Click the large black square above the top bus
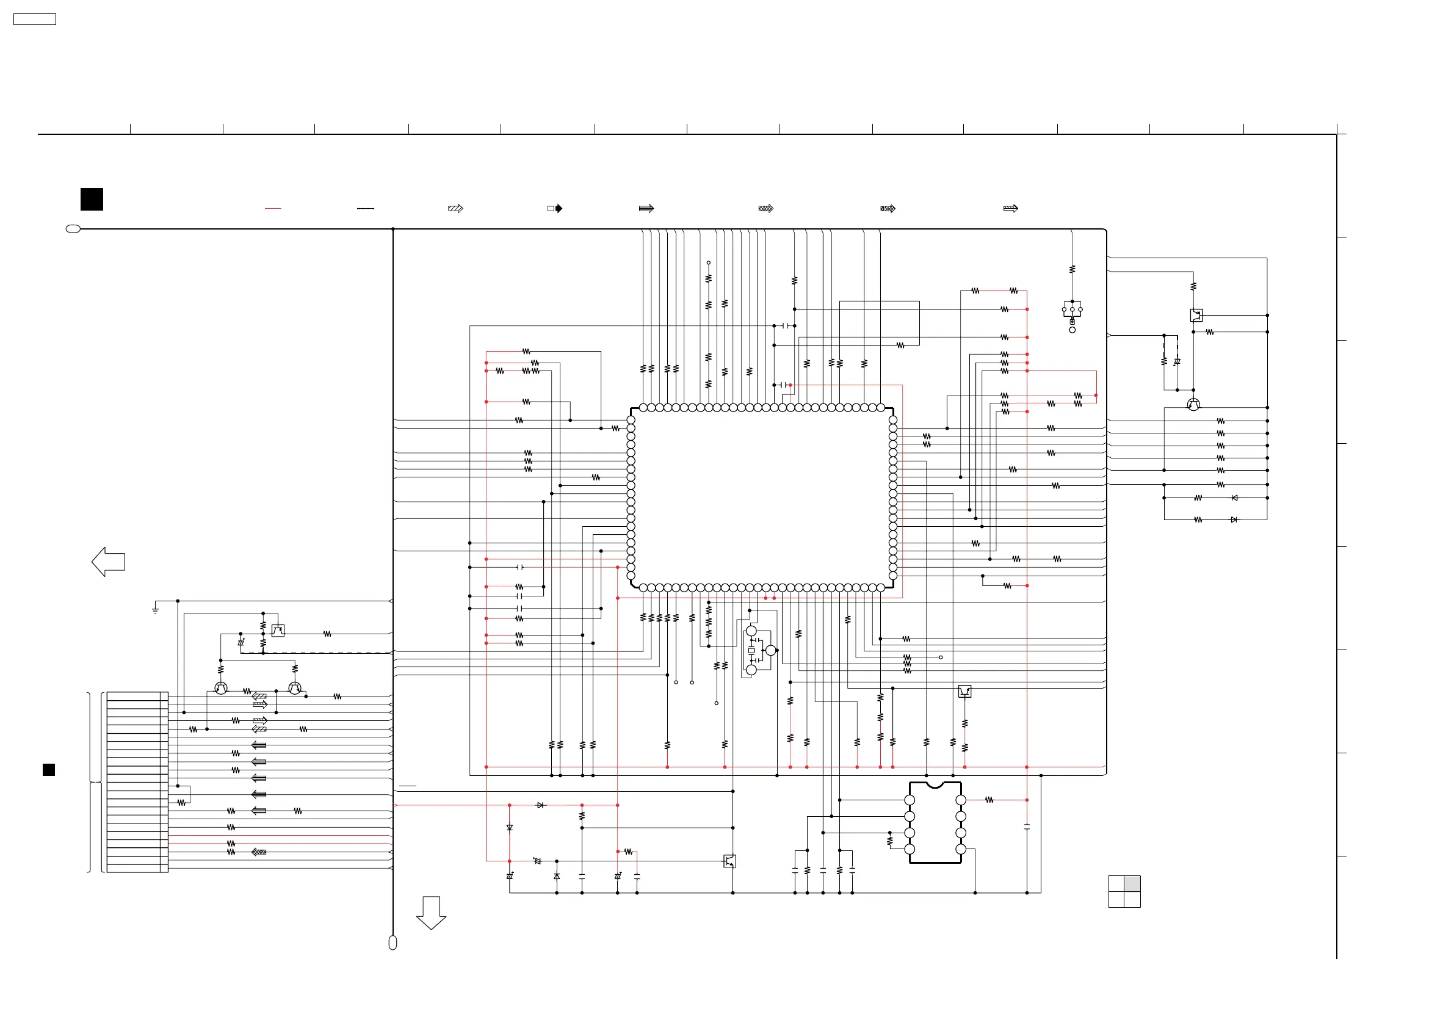click(x=92, y=200)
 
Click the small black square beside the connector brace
click(x=49, y=770)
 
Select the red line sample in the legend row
click(x=273, y=208)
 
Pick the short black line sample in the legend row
click(x=366, y=208)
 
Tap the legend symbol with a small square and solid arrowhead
click(x=555, y=208)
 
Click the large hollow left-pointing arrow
click(x=108, y=562)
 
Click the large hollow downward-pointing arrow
click(x=432, y=913)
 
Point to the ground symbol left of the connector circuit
click(x=155, y=610)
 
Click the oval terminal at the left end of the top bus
click(x=73, y=229)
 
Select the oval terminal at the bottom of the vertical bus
click(x=392, y=943)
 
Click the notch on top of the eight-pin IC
click(x=935, y=786)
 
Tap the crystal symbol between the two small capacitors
click(x=751, y=651)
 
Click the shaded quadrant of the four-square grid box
click(x=1132, y=883)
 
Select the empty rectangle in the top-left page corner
click(x=35, y=20)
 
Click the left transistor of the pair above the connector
click(x=221, y=688)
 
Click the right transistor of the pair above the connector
click(x=295, y=688)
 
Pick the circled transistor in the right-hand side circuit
click(x=1193, y=405)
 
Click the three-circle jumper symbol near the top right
click(x=1072, y=309)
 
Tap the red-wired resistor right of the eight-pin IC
click(x=989, y=800)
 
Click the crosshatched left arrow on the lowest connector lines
click(x=259, y=852)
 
